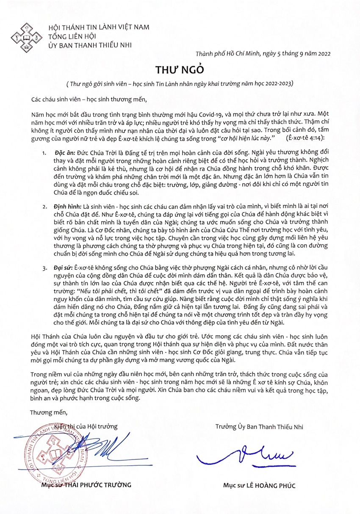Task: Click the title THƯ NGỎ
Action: [180, 69]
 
